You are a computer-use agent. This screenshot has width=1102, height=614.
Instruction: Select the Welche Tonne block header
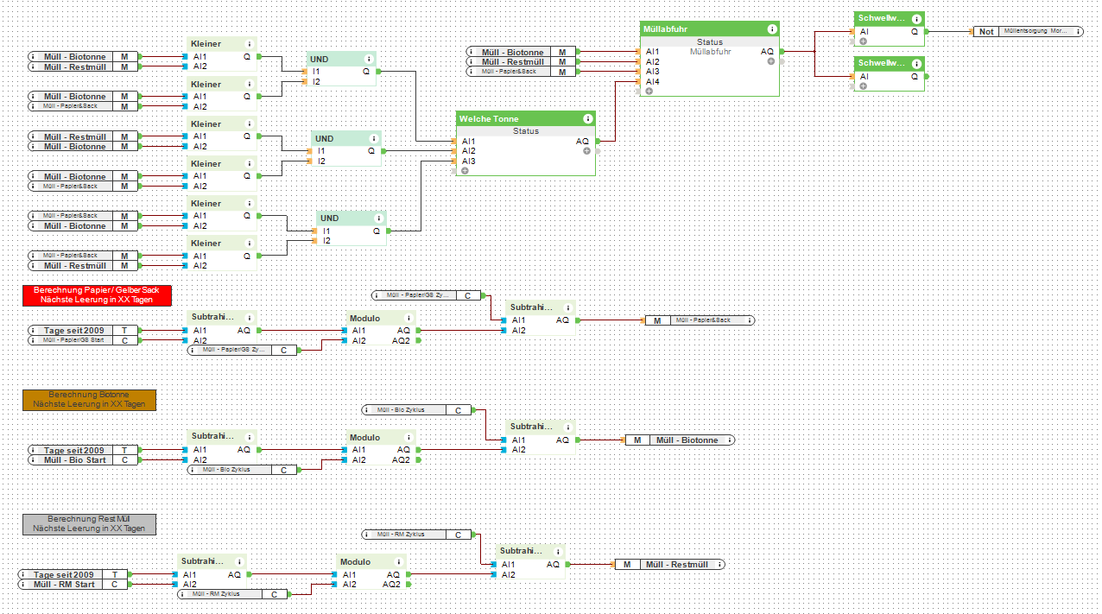489,119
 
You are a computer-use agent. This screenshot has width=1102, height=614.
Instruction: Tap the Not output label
986,31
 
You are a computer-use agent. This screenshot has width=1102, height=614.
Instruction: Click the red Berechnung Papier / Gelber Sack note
97,294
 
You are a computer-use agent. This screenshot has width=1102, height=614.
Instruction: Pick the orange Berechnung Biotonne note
89,399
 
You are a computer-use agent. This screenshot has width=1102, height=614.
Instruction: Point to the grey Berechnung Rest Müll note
89,523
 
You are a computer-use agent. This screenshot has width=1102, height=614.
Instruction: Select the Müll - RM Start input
64,585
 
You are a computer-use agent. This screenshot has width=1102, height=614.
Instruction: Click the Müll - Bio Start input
74,460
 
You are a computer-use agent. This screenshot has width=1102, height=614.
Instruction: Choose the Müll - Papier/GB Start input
73,340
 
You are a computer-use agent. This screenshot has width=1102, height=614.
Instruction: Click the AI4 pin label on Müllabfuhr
652,82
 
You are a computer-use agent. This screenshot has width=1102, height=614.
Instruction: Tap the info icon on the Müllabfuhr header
772,29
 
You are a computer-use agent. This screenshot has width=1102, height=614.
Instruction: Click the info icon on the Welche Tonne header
588,119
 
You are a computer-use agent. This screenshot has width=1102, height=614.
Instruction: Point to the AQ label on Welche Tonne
582,141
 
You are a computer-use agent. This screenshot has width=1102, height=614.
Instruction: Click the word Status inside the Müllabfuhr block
710,41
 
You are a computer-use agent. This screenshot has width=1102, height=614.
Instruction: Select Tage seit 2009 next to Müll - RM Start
64,574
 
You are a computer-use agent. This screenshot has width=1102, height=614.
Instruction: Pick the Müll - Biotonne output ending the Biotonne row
687,440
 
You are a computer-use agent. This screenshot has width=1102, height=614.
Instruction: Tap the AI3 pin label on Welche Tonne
468,161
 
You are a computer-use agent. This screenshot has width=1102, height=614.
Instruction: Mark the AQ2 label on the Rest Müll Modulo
392,585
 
